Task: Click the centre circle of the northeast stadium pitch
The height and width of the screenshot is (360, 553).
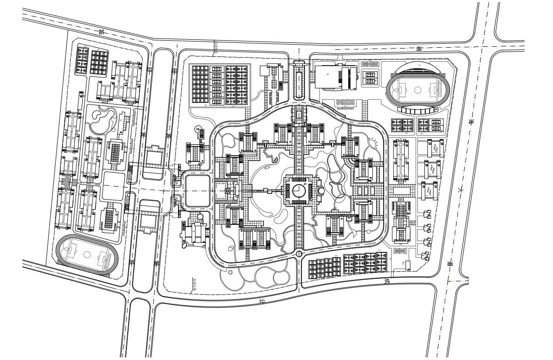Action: [x=417, y=90]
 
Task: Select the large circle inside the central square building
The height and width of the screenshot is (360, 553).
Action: [x=299, y=190]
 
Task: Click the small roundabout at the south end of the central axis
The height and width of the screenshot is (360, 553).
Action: [x=299, y=253]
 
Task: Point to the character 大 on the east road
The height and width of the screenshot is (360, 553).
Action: [x=460, y=190]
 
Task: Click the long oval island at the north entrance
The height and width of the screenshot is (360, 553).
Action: [x=299, y=84]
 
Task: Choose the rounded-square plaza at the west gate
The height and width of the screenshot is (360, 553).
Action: [x=197, y=191]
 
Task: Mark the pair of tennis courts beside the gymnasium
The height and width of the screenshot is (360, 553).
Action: [x=370, y=77]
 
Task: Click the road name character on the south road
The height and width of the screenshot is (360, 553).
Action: [x=262, y=301]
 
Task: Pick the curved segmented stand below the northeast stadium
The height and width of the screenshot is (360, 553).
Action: [x=418, y=111]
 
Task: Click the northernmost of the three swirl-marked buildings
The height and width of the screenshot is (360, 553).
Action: [x=434, y=149]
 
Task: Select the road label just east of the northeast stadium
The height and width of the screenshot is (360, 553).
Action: [x=471, y=122]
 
